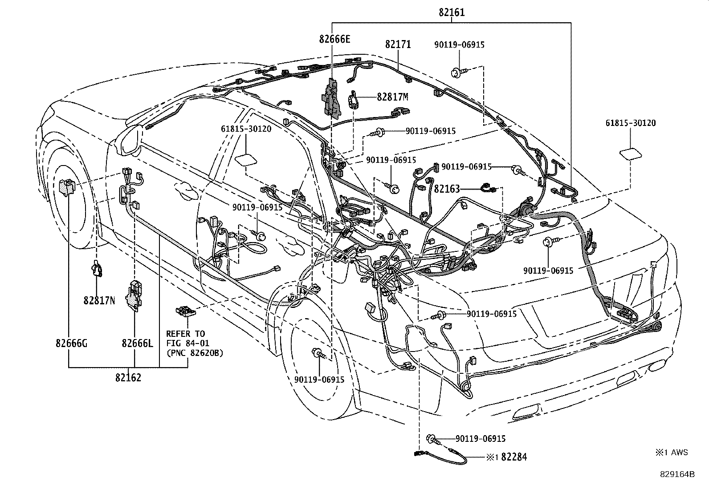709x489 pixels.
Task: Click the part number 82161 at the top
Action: tap(452, 12)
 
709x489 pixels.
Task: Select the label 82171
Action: tap(398, 44)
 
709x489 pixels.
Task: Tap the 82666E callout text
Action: tap(334, 39)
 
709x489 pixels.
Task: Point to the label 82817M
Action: tap(392, 97)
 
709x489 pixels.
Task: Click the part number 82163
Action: tap(446, 189)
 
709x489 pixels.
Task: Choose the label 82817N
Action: tap(99, 301)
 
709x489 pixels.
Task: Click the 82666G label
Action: tap(72, 344)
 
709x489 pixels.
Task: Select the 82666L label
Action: tap(137, 344)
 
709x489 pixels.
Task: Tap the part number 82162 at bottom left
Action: tap(128, 378)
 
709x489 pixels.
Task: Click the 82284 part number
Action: tap(514, 457)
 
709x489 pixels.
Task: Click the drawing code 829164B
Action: tap(677, 474)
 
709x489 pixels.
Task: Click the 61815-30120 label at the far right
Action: tap(630, 123)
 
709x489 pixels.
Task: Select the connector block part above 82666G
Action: tap(67, 187)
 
